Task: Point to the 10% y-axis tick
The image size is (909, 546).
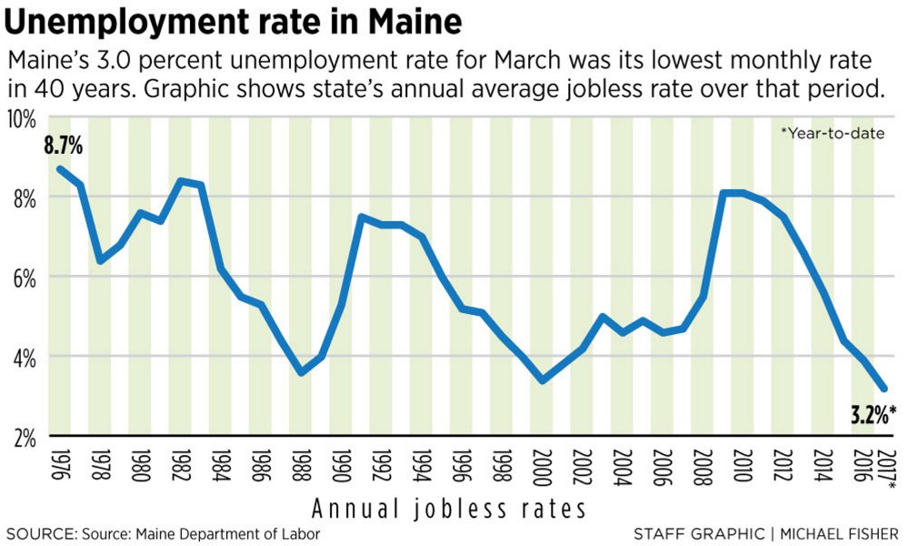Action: [22, 119]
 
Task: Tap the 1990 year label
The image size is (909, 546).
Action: [342, 469]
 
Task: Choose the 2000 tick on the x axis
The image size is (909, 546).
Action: [543, 469]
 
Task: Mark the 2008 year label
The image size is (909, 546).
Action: [704, 469]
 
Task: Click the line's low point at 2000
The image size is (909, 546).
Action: [543, 380]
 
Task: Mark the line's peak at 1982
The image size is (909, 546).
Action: [181, 180]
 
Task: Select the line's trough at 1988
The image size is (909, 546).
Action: [302, 373]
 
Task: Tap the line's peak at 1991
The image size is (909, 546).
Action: [362, 217]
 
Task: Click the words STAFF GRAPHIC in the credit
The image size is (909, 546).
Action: [686, 532]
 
